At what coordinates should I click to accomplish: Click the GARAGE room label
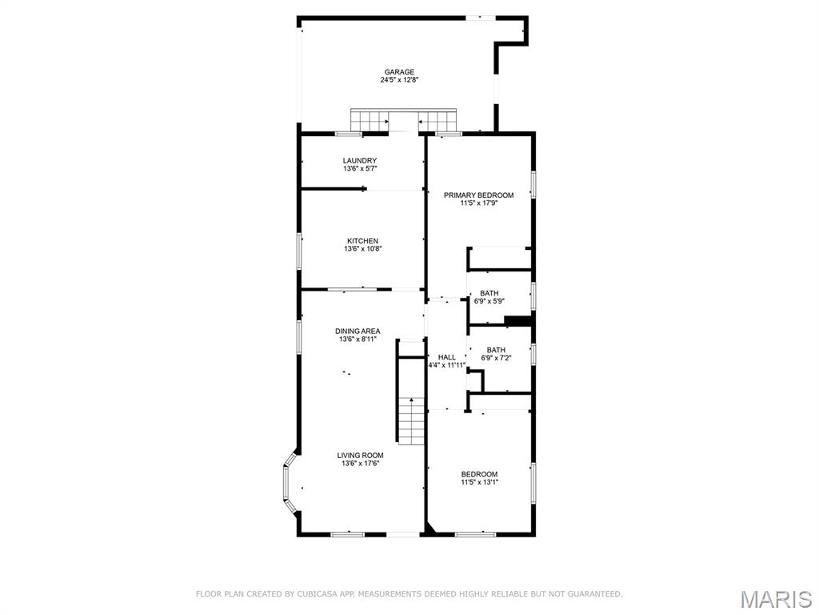(399, 72)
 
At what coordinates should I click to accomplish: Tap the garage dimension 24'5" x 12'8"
(399, 80)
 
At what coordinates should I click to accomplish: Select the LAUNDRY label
(360, 161)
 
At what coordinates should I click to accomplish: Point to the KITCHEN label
(362, 241)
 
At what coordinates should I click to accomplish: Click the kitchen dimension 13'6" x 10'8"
(362, 249)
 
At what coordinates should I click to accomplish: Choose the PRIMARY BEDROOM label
(479, 195)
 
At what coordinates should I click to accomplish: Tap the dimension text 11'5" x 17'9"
(479, 203)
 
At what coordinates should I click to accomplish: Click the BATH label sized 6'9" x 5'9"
(489, 294)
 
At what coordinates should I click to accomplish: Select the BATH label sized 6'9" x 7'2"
(496, 350)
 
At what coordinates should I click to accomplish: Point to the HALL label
(446, 357)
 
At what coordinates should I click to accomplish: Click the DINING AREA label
(358, 332)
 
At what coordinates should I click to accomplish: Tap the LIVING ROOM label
(360, 456)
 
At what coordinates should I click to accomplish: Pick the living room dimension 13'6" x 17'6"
(360, 464)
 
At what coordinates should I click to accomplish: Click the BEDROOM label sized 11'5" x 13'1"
(479, 474)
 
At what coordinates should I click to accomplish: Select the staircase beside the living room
(410, 421)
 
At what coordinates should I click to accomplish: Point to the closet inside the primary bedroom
(500, 259)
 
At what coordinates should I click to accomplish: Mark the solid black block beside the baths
(519, 321)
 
